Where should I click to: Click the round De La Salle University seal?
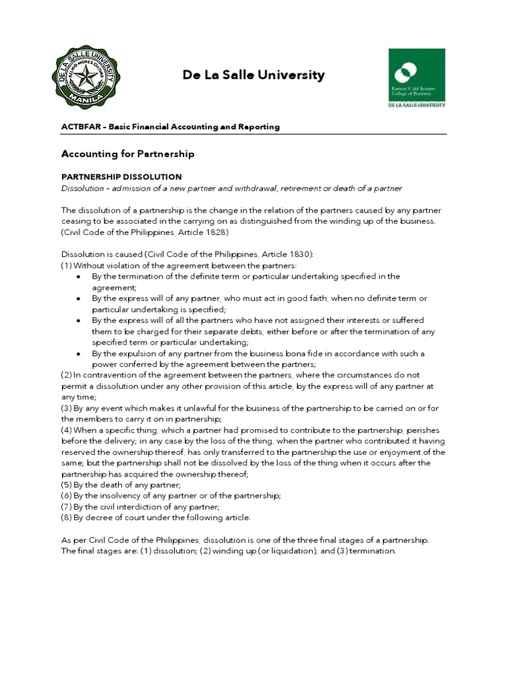[86, 79]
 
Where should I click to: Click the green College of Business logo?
[416, 77]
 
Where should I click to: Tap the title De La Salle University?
[253, 75]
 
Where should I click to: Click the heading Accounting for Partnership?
[127, 154]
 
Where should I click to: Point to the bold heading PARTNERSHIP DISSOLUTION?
[121, 177]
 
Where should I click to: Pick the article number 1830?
[298, 254]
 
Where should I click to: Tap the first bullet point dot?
[79, 277]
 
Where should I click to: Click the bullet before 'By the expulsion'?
[79, 354]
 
